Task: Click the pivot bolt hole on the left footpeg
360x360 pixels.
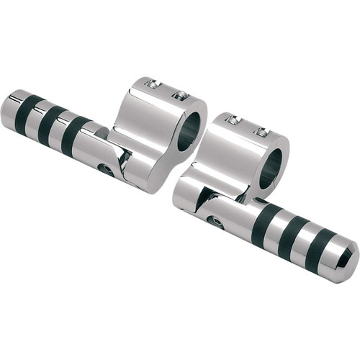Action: point(107,170)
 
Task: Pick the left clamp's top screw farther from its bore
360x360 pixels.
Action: point(152,84)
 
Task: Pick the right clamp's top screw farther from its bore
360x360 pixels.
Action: point(233,120)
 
